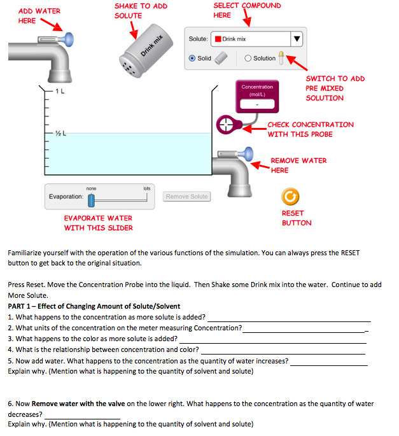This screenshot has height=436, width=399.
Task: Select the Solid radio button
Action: pyautogui.click(x=192, y=58)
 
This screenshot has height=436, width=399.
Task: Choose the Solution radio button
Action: pyautogui.click(x=248, y=58)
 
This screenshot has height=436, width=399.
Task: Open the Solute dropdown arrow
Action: pyautogui.click(x=296, y=39)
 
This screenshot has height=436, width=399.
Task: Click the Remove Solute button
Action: pyautogui.click(x=186, y=197)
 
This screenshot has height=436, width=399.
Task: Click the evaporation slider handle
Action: pyautogui.click(x=91, y=200)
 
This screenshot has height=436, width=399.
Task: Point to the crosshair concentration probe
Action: pyautogui.click(x=227, y=125)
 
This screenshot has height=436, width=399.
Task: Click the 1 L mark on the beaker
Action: pyautogui.click(x=59, y=92)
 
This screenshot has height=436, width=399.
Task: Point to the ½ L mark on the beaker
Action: pyautogui.click(x=60, y=133)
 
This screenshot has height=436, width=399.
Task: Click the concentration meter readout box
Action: pyautogui.click(x=256, y=102)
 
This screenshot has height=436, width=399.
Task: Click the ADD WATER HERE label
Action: pyautogui.click(x=39, y=16)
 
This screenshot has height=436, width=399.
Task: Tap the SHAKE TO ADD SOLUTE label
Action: pyautogui.click(x=141, y=10)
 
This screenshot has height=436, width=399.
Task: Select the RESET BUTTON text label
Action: pyautogui.click(x=297, y=218)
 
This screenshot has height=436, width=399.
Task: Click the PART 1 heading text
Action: pyautogui.click(x=94, y=306)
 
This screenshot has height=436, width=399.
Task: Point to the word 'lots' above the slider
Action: pyautogui.click(x=147, y=188)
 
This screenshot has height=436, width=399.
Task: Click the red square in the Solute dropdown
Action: pyautogui.click(x=218, y=39)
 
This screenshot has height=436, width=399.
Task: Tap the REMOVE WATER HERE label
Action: pyautogui.click(x=298, y=165)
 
